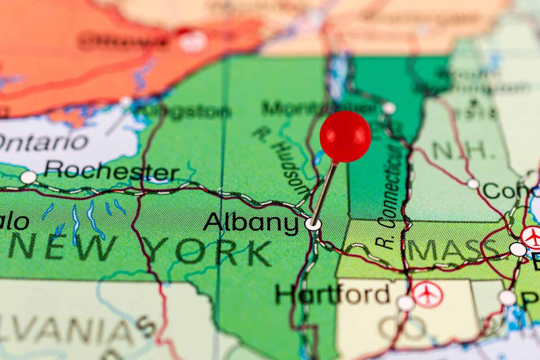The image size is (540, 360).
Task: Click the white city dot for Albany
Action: [313, 224]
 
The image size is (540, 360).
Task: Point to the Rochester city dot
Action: [29, 177]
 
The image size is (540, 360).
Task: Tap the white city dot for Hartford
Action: [406, 303]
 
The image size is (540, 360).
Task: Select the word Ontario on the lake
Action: [43, 141]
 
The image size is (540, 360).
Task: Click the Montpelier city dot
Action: [388, 108]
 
